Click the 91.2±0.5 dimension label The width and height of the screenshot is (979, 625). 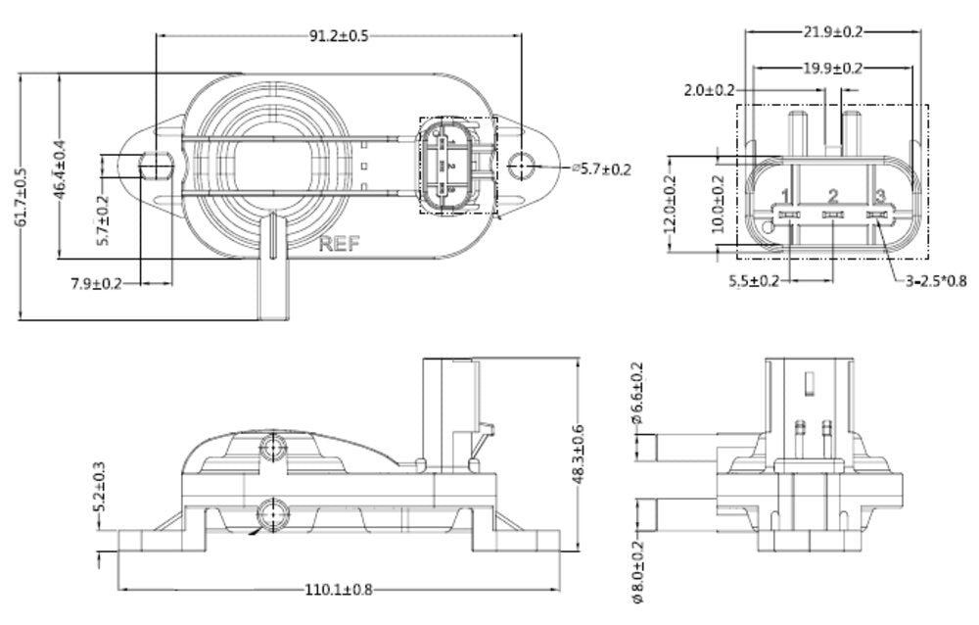click(338, 36)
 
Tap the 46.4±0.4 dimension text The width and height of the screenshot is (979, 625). click(61, 166)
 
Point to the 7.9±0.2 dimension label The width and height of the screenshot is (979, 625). click(96, 284)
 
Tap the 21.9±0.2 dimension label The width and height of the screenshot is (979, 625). click(833, 31)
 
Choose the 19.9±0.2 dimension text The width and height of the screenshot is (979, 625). click(833, 68)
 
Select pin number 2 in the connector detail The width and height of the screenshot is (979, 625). click(833, 196)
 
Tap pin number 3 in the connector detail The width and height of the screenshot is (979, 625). click(879, 196)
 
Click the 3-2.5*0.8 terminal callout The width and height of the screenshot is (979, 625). click(934, 282)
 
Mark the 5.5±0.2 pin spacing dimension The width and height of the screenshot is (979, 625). click(754, 282)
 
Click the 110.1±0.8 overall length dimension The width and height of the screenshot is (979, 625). click(339, 590)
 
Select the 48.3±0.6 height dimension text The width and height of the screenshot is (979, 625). click(582, 454)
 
